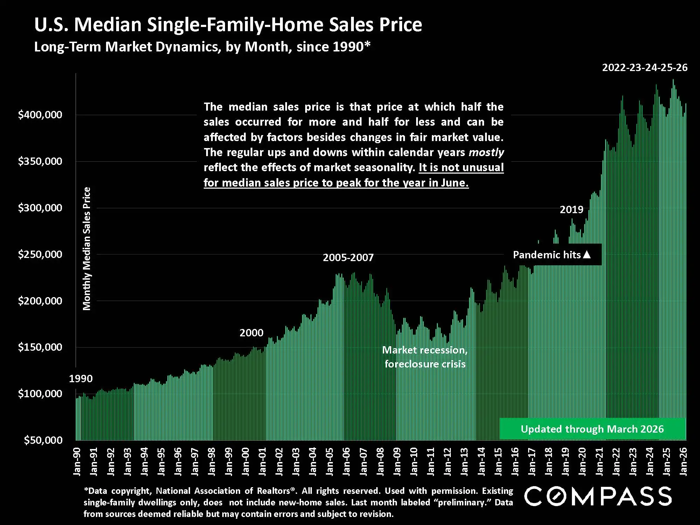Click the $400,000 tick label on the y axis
(x=40, y=115)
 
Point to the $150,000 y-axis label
(x=40, y=347)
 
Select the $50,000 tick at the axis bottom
(x=43, y=440)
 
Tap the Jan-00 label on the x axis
(x=245, y=462)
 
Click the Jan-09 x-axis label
(x=397, y=462)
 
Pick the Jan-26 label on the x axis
(x=683, y=462)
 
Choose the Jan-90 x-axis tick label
(x=77, y=462)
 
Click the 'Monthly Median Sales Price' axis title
(x=86, y=248)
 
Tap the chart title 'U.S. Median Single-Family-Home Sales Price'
(x=228, y=25)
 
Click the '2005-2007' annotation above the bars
(x=348, y=258)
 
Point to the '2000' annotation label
(x=251, y=333)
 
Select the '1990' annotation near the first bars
(x=81, y=379)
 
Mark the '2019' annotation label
(x=572, y=210)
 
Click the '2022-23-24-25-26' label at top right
(x=645, y=68)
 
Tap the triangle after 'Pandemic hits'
(x=587, y=255)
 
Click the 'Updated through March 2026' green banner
(x=592, y=429)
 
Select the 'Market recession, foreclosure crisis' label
(x=425, y=357)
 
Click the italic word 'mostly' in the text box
(x=486, y=152)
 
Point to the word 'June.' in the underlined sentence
(x=455, y=183)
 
